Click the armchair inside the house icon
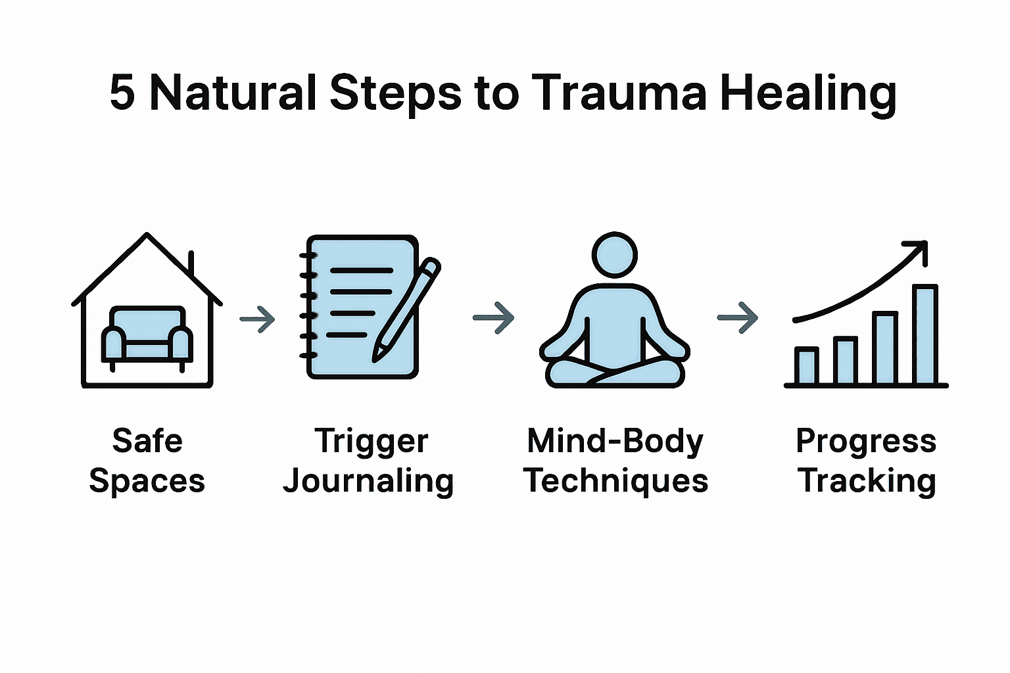[x=147, y=335]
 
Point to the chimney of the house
[x=191, y=263]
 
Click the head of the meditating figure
[x=615, y=254]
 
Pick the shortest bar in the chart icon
[x=806, y=365]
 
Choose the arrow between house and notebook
[x=257, y=319]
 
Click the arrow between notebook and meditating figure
[x=494, y=318]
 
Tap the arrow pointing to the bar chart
[x=738, y=318]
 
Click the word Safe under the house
[x=147, y=440]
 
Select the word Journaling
[x=368, y=482]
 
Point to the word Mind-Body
[x=615, y=441]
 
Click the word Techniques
[x=615, y=481]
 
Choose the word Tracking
[x=867, y=481]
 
